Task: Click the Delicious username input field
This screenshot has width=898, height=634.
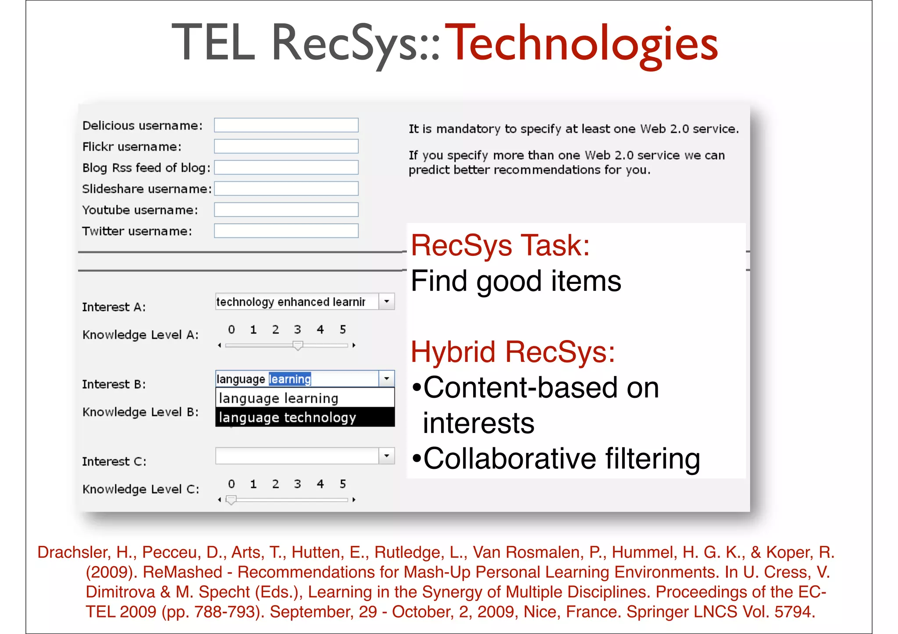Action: point(286,125)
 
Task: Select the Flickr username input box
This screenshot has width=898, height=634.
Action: point(286,146)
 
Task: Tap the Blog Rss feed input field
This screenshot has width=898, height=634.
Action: point(286,167)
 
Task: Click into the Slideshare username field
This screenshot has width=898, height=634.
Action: point(286,188)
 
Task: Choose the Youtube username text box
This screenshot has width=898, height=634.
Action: point(286,210)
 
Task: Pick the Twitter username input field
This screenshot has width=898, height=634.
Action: point(286,231)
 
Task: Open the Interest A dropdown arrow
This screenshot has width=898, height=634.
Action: point(386,301)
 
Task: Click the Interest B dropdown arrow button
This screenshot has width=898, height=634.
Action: point(386,379)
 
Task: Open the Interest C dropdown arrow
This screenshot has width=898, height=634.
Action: point(386,456)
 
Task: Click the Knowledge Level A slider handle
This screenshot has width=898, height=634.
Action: point(298,346)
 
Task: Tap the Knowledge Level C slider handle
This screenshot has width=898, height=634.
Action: point(231,500)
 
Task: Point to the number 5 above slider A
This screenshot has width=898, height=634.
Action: point(343,329)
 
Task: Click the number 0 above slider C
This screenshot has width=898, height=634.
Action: point(232,484)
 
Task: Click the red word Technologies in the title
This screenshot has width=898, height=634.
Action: point(584,44)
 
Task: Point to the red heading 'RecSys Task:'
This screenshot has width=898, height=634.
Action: point(500,245)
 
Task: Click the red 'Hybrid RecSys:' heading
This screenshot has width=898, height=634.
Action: point(513,352)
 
